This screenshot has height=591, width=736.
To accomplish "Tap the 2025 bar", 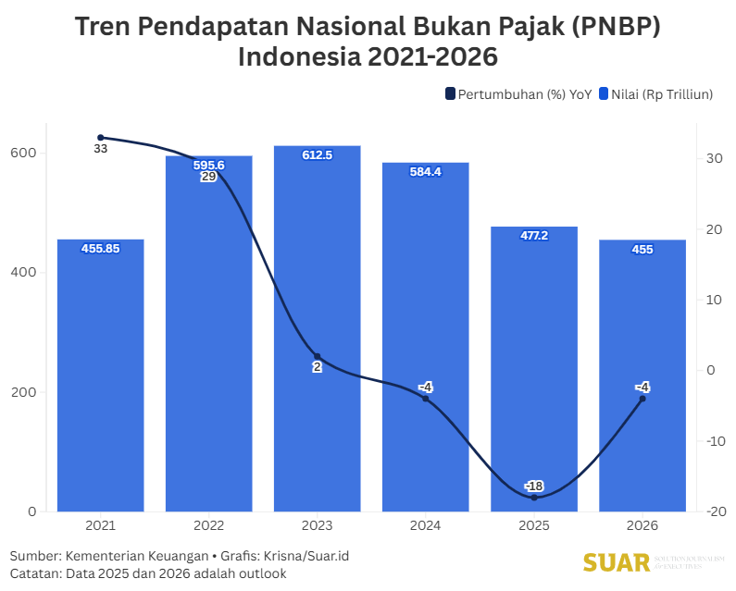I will coord(534,369).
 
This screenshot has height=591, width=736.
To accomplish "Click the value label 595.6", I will coord(208,165).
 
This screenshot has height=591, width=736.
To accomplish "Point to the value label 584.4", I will coord(426,171).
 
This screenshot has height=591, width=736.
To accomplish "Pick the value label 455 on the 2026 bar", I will coord(642,249).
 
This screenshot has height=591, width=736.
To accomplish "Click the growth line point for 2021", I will coord(101,138).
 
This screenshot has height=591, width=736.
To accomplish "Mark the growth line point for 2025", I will coord(534,498).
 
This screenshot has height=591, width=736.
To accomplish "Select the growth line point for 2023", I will coord(317,356).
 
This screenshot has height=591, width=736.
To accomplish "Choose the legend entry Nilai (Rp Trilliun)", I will coord(660,93).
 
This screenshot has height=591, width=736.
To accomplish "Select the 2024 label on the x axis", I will coord(426,525).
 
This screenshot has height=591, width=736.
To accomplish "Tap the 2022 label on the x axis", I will coord(208,525).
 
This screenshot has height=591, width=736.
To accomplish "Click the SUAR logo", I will coord(616,562).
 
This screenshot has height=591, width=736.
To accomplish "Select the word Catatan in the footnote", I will coord(35,573).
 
